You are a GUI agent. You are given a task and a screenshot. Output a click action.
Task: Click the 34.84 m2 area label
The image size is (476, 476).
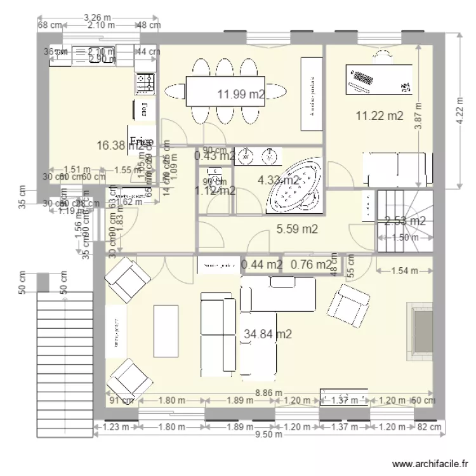(268, 334)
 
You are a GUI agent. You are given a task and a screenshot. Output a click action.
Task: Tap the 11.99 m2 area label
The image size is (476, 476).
(241, 95)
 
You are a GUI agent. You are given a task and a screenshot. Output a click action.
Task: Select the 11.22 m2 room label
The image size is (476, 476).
(379, 116)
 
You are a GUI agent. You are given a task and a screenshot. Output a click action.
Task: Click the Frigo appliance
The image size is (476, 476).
(140, 141)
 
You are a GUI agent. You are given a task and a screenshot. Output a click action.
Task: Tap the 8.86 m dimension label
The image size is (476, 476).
(267, 393)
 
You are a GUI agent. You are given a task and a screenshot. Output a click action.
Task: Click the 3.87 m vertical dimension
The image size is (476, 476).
(418, 116)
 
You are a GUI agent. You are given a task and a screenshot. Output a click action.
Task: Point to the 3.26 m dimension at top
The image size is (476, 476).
(97, 17)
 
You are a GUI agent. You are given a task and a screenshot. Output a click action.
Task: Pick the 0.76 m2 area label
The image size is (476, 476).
(311, 264)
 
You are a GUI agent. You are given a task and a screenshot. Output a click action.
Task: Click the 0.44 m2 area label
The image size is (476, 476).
(261, 264)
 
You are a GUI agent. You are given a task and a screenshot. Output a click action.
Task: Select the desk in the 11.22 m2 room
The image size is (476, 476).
(379, 79)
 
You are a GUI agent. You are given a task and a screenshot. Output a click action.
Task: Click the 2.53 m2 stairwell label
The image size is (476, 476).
(405, 221)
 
